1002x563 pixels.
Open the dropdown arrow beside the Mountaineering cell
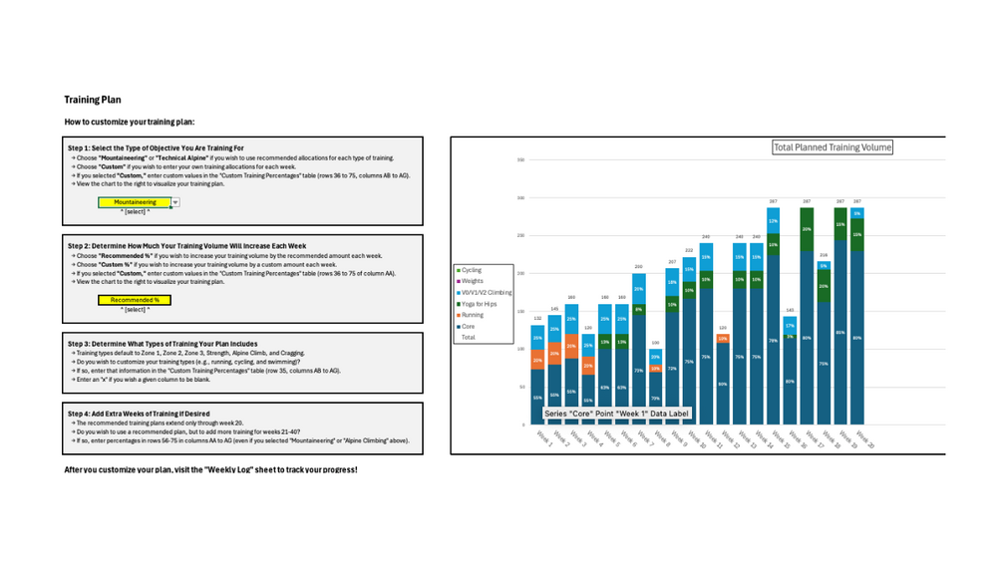point(175,202)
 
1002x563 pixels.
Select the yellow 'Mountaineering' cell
point(135,202)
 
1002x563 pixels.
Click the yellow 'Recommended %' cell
point(135,300)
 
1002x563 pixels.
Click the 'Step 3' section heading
point(163,344)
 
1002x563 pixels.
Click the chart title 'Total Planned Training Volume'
point(833,147)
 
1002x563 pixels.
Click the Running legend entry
point(474,315)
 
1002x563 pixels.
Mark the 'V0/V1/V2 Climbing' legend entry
point(485,293)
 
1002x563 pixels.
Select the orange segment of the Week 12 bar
point(723,339)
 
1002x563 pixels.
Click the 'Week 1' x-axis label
point(543,438)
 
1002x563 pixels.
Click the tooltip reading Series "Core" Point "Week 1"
point(615,413)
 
